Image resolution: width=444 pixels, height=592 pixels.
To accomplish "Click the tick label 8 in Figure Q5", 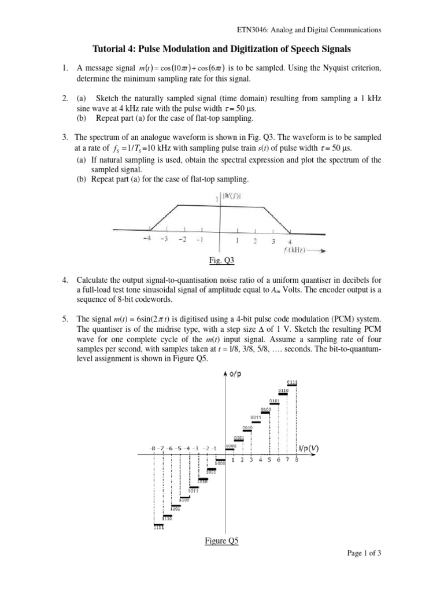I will (297, 460).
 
